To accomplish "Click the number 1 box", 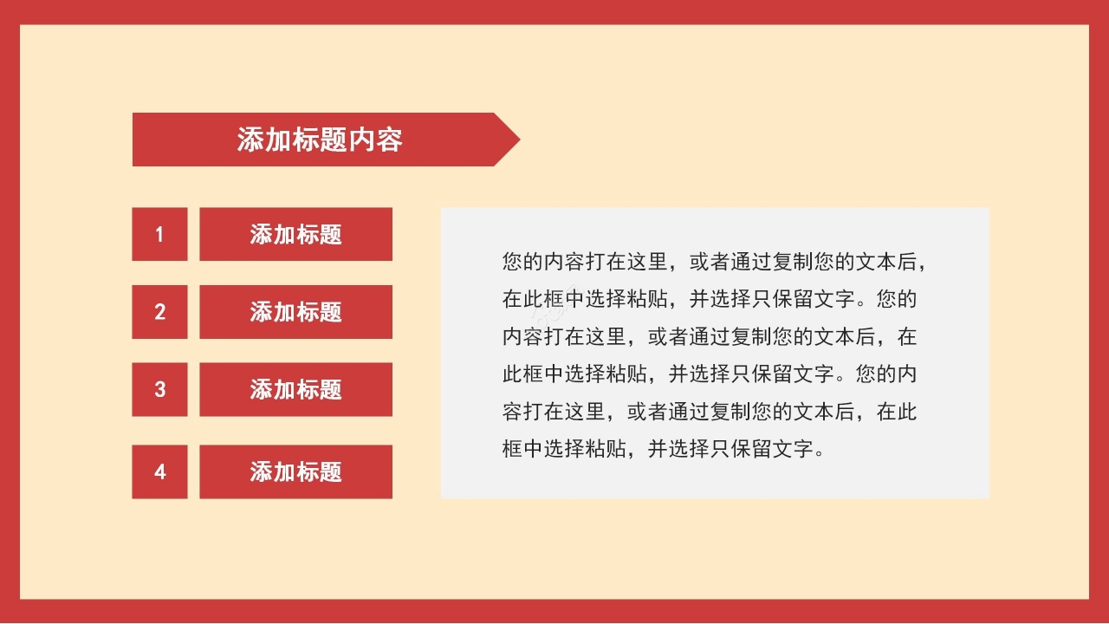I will pyautogui.click(x=159, y=234).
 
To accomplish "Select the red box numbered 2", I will pyautogui.click(x=159, y=312).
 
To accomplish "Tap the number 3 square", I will pyautogui.click(x=159, y=389).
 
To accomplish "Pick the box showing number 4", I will pyautogui.click(x=159, y=471).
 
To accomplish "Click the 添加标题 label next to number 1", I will pyautogui.click(x=295, y=234).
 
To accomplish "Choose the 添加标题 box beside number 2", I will pyautogui.click(x=295, y=312).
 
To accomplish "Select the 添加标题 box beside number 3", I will pyautogui.click(x=295, y=389).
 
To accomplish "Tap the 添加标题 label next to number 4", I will pyautogui.click(x=295, y=471).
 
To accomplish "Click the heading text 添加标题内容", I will pyautogui.click(x=320, y=140).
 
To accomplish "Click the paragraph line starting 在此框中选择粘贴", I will pyautogui.click(x=709, y=299).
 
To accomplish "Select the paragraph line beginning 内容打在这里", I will pyautogui.click(x=709, y=336).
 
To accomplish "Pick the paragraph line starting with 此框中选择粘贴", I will pyautogui.click(x=709, y=374).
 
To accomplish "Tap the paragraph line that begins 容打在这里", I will pyautogui.click(x=709, y=412).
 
